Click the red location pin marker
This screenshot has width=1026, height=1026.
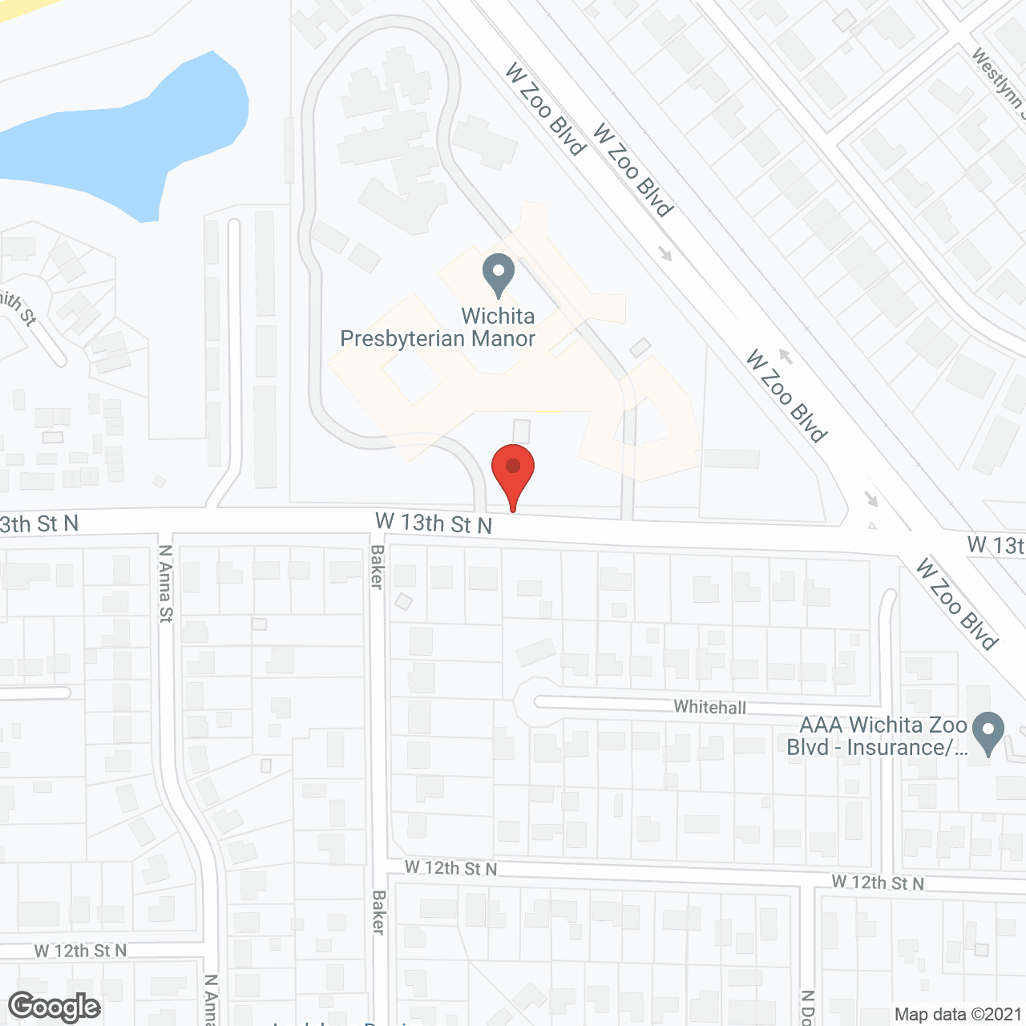pos(513,469)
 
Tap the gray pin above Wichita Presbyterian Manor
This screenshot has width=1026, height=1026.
pos(499,274)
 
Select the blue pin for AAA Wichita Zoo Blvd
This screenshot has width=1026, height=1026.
pos(988,731)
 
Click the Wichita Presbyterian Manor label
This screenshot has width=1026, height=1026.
pos(438,327)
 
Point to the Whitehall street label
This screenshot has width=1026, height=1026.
pos(709,707)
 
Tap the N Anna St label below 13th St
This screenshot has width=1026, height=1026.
pos(165,583)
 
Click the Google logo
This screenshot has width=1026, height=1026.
pos(55,1007)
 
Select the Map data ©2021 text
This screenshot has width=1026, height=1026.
pos(958,1014)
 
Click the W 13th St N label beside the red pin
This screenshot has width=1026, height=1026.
pos(434,523)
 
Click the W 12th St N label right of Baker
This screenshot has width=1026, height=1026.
pos(450,867)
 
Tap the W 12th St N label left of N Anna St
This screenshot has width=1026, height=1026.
pos(80,951)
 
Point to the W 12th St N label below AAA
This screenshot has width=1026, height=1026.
pos(878,883)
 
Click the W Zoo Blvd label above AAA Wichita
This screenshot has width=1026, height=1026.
pos(957,603)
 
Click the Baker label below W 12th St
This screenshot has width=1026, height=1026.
pos(379,911)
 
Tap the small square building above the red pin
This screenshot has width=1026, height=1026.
pos(522,430)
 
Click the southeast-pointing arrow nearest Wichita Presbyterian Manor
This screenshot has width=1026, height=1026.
pos(665,253)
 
